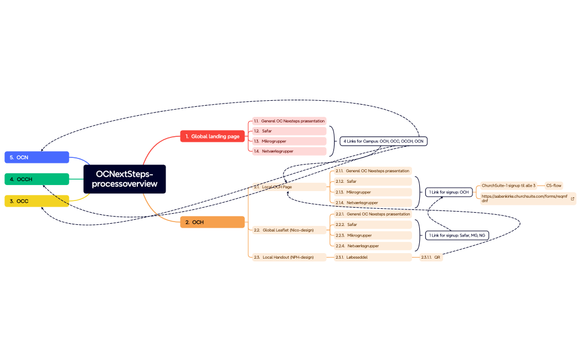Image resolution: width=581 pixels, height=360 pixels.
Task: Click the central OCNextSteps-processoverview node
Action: [x=125, y=179]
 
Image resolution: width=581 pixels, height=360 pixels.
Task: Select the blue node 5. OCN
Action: [x=37, y=157]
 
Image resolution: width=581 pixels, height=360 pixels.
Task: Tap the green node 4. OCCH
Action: [x=37, y=179]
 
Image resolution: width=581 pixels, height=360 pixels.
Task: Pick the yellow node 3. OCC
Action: [x=37, y=200]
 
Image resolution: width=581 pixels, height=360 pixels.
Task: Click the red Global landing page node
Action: [x=212, y=136]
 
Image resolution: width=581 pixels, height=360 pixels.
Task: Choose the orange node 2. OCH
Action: [x=212, y=222]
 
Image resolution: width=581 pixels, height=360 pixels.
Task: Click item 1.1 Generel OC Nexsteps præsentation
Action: [x=289, y=121]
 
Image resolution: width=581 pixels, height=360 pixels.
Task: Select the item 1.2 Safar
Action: [x=289, y=131]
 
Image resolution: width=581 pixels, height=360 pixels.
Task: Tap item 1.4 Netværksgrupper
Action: [x=289, y=151]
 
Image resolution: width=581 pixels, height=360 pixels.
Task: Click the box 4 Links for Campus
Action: [x=384, y=141]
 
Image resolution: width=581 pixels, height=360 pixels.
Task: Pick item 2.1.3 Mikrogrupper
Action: [x=371, y=192]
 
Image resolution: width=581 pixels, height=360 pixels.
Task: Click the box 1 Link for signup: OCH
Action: [x=449, y=192]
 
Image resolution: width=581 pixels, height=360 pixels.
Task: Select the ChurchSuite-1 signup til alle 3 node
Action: [x=508, y=186]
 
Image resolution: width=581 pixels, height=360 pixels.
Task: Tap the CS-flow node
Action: [x=553, y=186]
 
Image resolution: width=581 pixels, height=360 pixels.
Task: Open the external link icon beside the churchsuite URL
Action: [x=572, y=198]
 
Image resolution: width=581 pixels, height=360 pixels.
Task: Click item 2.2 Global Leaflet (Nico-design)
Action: [x=289, y=230]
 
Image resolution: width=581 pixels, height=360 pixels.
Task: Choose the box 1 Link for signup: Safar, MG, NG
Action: [x=457, y=235]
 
